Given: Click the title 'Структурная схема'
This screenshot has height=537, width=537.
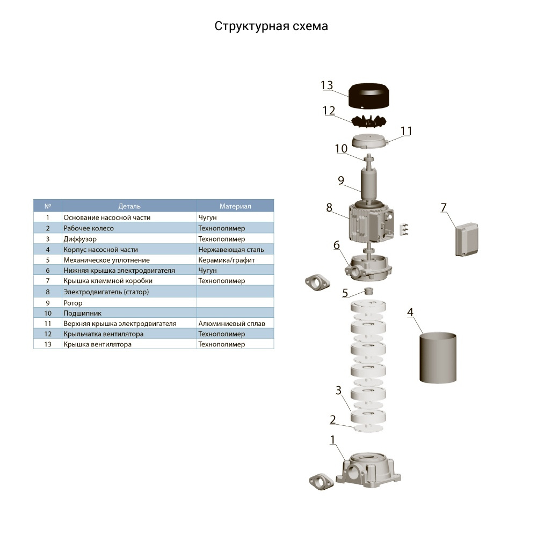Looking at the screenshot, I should [x=271, y=26].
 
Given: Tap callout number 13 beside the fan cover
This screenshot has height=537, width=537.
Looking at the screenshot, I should [x=326, y=85].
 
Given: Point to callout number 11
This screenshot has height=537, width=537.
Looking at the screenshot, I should [x=406, y=131].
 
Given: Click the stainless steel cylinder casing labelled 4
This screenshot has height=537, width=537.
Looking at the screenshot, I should [x=438, y=358].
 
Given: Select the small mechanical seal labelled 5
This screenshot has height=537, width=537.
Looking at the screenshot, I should [x=369, y=291].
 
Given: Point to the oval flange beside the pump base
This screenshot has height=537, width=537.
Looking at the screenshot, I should [x=321, y=481].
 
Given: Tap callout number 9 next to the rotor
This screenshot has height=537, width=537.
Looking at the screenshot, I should [x=341, y=180].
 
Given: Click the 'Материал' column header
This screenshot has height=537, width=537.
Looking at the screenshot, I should [x=235, y=206].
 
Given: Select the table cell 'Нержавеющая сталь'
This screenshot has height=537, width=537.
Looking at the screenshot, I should [x=231, y=250].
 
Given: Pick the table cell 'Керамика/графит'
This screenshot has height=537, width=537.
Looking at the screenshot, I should [x=227, y=260].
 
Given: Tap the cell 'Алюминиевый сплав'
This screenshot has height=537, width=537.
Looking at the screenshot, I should [x=231, y=323].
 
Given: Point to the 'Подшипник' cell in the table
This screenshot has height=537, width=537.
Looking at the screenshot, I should [x=82, y=313].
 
